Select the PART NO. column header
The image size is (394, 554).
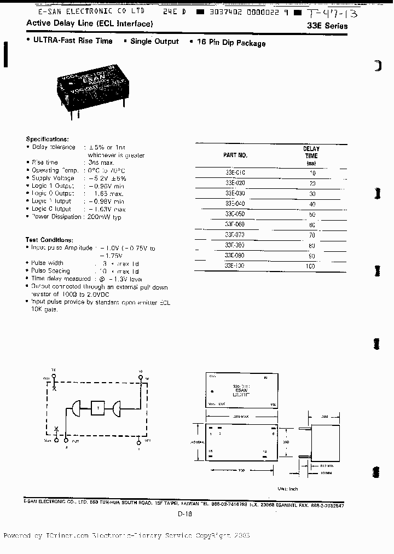coord(235,155)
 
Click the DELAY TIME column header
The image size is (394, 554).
coord(311,155)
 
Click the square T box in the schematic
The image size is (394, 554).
coord(98,408)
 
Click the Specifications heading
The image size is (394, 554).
coord(47,140)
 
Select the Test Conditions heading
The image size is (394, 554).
coord(49,240)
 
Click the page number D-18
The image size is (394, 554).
coord(184,514)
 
